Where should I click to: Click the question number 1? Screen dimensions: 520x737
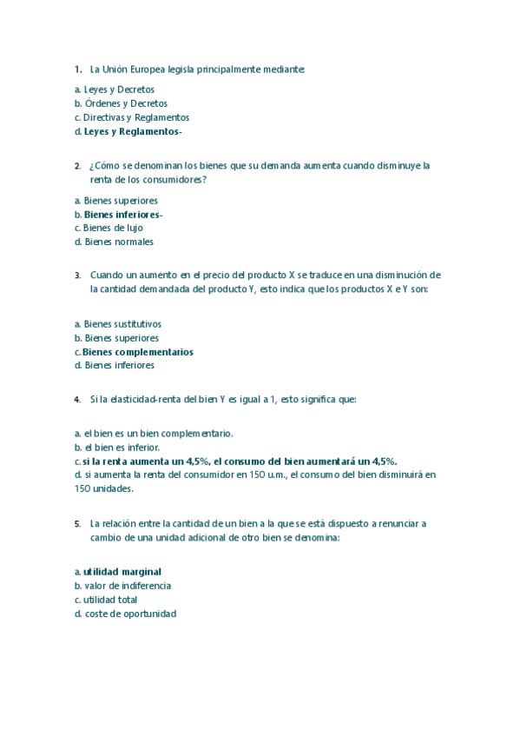tap(78, 69)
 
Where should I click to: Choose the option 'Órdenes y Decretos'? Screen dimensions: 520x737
tap(125, 103)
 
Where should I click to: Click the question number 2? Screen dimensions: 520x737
tap(78, 165)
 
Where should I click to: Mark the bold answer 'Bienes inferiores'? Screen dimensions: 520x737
tap(122, 215)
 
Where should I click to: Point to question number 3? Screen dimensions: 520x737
tap(78, 275)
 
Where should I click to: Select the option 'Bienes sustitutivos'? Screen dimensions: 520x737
tap(122, 324)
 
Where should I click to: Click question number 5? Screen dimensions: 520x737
tap(78, 524)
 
